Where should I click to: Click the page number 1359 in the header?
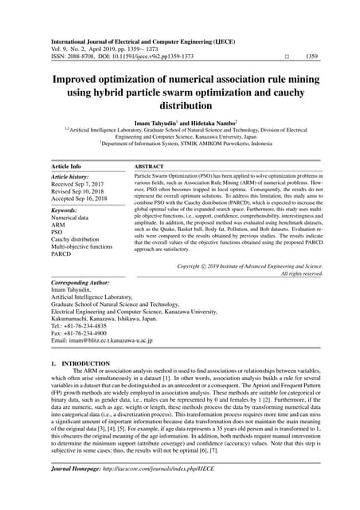point(313,56)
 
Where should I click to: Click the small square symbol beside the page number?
point(285,57)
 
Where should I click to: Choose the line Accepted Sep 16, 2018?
point(85,202)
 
